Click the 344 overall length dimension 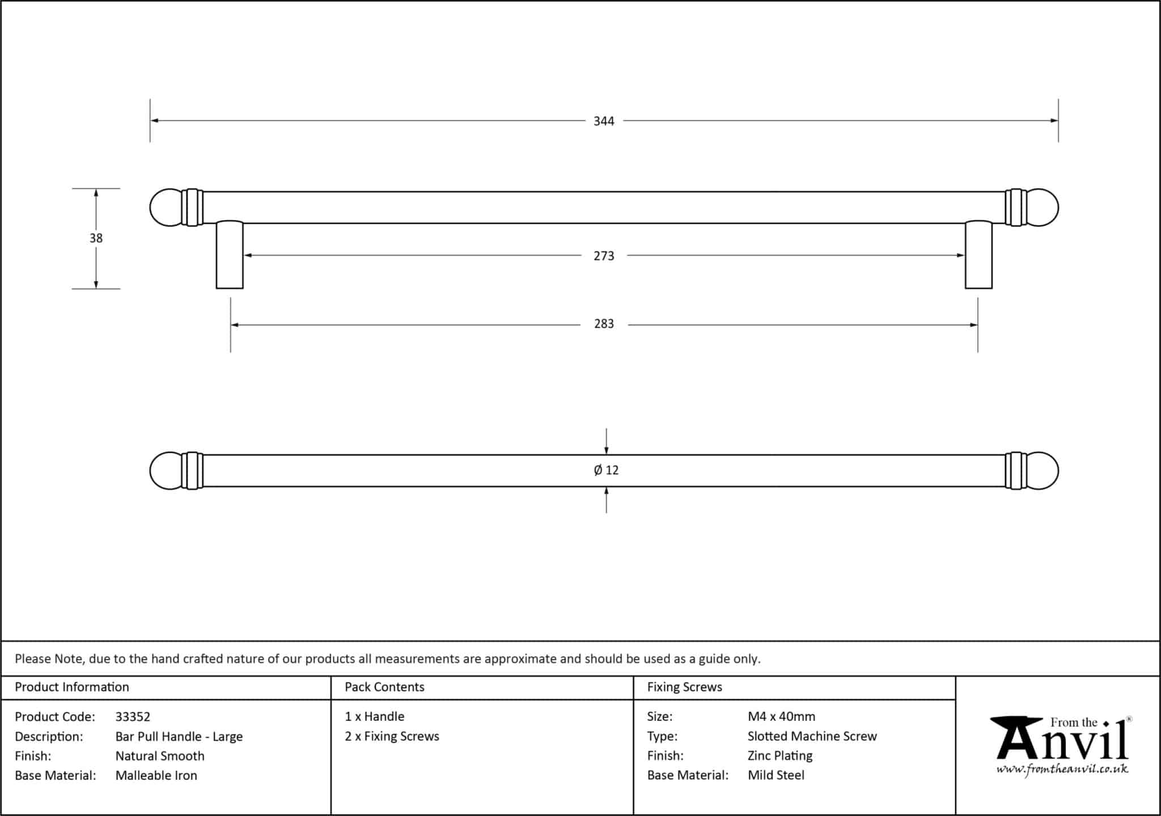[x=604, y=121]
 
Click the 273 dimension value [x=604, y=256]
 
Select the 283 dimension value [x=604, y=324]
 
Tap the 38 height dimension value [x=96, y=239]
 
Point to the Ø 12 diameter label [x=606, y=470]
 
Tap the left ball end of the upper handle [x=166, y=207]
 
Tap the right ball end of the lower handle [x=1042, y=471]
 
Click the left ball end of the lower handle [x=166, y=471]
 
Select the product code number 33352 [x=133, y=717]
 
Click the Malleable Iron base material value [x=156, y=776]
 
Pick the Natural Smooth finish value [x=160, y=756]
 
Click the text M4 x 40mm [x=781, y=717]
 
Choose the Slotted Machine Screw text [x=812, y=737]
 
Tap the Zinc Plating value [x=780, y=756]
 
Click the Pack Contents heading [x=384, y=687]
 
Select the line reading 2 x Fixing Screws [x=392, y=737]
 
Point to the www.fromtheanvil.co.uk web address [x=1062, y=770]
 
